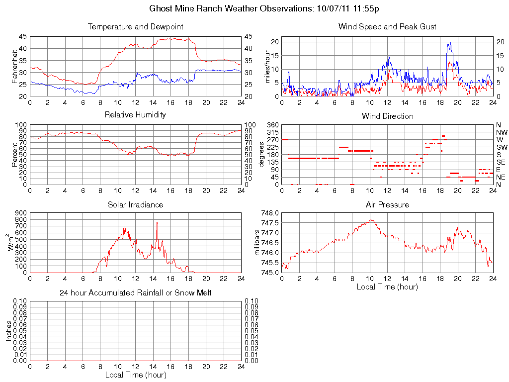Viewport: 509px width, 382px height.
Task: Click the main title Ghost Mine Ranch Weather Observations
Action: click(x=265, y=8)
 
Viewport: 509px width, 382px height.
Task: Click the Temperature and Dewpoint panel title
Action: click(x=135, y=26)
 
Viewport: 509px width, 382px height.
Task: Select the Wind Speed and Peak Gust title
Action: click(x=387, y=26)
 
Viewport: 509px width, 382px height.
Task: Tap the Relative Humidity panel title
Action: click(x=135, y=115)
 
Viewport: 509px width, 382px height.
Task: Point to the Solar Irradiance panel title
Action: click(x=135, y=204)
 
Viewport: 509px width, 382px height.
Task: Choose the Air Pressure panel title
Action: click(x=387, y=204)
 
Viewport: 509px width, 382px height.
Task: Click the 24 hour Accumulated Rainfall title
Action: click(x=135, y=293)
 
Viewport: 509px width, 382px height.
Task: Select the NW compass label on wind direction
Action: click(x=501, y=132)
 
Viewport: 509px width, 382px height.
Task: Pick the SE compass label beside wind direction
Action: click(x=501, y=162)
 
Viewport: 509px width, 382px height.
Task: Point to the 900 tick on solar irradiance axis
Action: click(x=20, y=213)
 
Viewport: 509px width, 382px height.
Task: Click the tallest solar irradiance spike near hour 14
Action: click(x=157, y=223)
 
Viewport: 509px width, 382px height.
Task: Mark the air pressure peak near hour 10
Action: click(x=370, y=219)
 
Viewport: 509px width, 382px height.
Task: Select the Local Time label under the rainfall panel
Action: click(x=135, y=375)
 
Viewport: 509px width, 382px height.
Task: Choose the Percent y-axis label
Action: click(x=15, y=155)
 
